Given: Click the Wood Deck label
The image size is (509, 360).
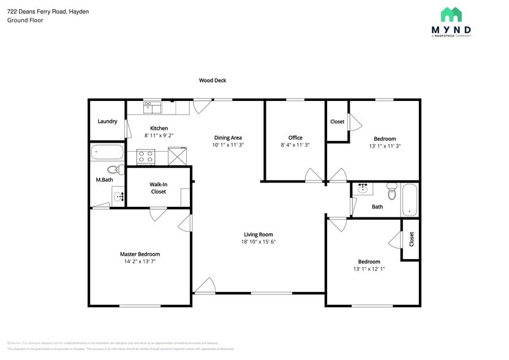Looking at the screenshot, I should coord(213,80).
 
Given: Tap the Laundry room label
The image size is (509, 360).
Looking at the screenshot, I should coord(107,121).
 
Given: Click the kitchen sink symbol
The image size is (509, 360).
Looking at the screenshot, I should coord(152,108).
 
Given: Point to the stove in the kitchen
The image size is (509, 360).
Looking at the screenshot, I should coord(146,157).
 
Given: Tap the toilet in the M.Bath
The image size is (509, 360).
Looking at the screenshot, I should coord(114,170).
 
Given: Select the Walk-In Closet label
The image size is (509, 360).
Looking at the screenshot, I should coord(158,188).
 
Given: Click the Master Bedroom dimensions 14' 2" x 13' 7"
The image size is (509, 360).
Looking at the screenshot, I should coord(140,262).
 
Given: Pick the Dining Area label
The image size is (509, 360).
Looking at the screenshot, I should coord(228,138).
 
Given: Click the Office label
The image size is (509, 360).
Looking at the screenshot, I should coord(295,138).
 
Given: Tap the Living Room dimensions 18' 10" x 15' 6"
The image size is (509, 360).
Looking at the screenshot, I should coord(258,242).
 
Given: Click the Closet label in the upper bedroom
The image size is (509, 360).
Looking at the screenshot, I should coord(337,121).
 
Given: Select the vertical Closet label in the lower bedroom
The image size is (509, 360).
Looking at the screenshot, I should coord(412,239).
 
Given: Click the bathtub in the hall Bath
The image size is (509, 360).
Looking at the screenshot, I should coord(410,200).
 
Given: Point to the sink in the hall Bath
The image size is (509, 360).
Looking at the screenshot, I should coord(363,189).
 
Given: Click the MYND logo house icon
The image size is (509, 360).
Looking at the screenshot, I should coord(451,14).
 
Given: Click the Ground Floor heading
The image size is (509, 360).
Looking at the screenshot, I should coord(25,20).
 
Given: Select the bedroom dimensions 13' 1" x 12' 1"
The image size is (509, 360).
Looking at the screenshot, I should coord(369,269).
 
